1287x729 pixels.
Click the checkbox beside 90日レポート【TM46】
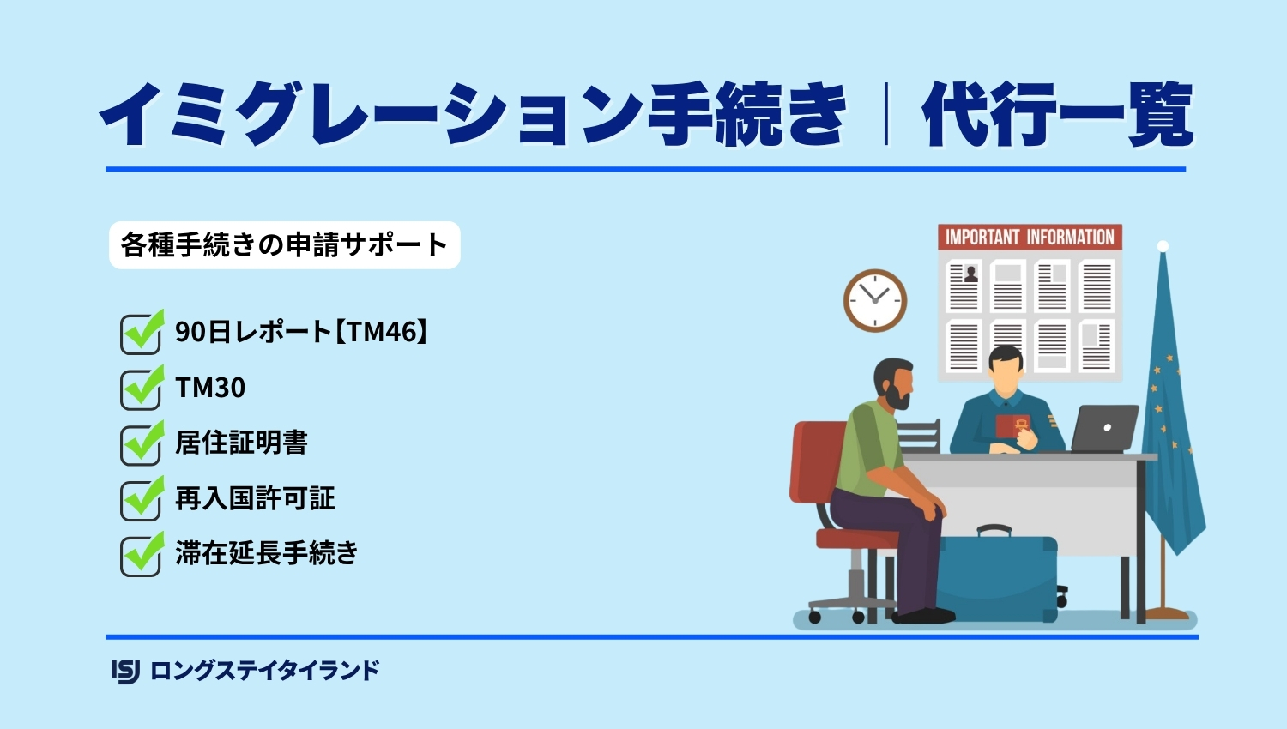[141, 334]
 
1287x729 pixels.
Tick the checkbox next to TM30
[141, 389]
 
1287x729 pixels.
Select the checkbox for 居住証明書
[141, 444]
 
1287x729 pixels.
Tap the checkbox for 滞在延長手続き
[141, 555]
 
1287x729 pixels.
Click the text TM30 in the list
[210, 387]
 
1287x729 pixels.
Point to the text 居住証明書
[241, 443]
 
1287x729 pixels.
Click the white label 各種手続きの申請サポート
[284, 245]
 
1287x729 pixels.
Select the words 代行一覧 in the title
[1058, 114]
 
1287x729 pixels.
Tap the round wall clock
[875, 300]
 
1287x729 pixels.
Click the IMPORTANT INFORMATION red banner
[1030, 237]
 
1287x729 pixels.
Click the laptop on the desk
[1104, 429]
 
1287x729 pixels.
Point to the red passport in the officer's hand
[1012, 425]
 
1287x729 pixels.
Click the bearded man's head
[893, 383]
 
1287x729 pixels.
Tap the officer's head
[1006, 370]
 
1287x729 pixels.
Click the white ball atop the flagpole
[1163, 246]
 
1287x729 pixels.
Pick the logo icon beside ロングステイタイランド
[125, 671]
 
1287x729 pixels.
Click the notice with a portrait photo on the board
[963, 286]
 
